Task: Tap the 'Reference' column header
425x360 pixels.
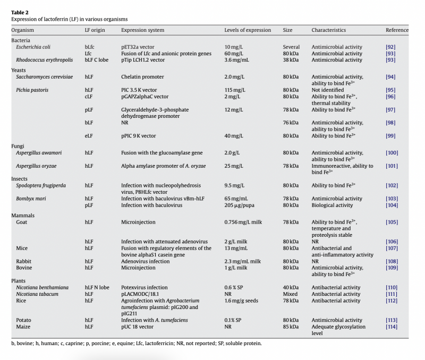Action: pyautogui.click(x=397, y=30)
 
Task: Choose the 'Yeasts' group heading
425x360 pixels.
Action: pyautogui.click(x=19, y=70)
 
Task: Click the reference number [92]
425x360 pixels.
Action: pyautogui.click(x=390, y=47)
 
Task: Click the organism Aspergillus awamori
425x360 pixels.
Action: pyautogui.click(x=39, y=153)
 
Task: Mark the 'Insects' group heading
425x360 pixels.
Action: pyautogui.click(x=20, y=179)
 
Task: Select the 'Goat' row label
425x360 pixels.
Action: pyautogui.click(x=22, y=221)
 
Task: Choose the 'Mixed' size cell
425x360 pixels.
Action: pyautogui.click(x=291, y=294)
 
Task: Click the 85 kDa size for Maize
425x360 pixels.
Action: pyautogui.click(x=291, y=327)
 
